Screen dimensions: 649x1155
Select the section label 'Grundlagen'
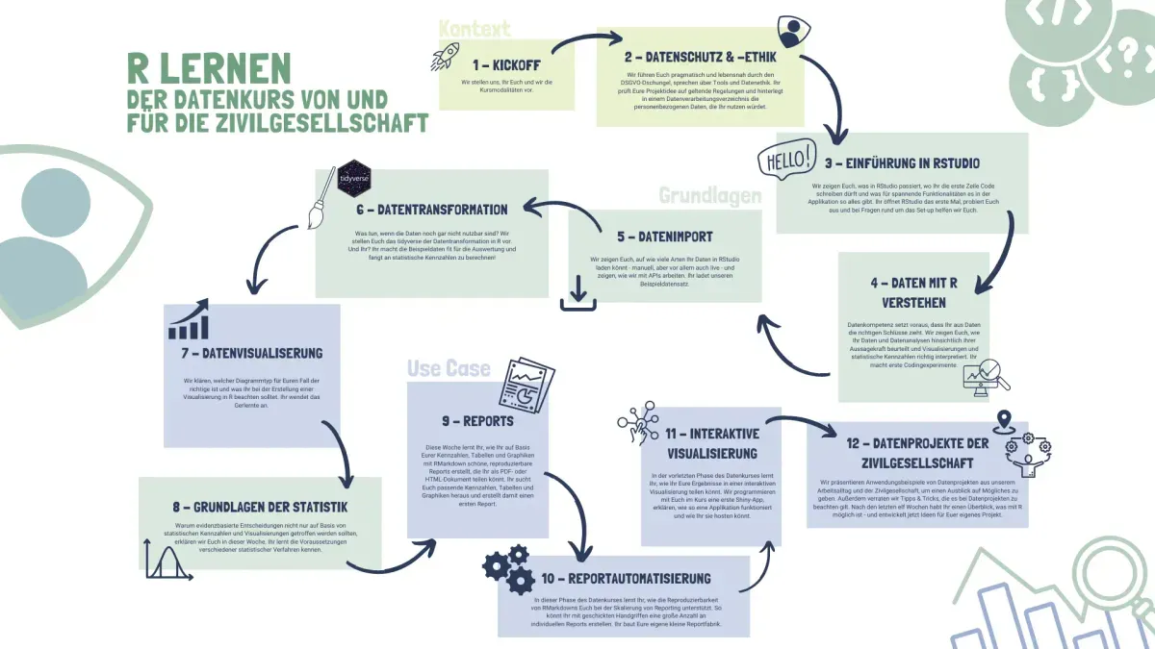(709, 195)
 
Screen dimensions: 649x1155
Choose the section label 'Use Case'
(448, 368)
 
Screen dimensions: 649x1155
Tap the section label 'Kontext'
(475, 29)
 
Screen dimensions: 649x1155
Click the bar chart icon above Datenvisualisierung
(188, 320)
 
